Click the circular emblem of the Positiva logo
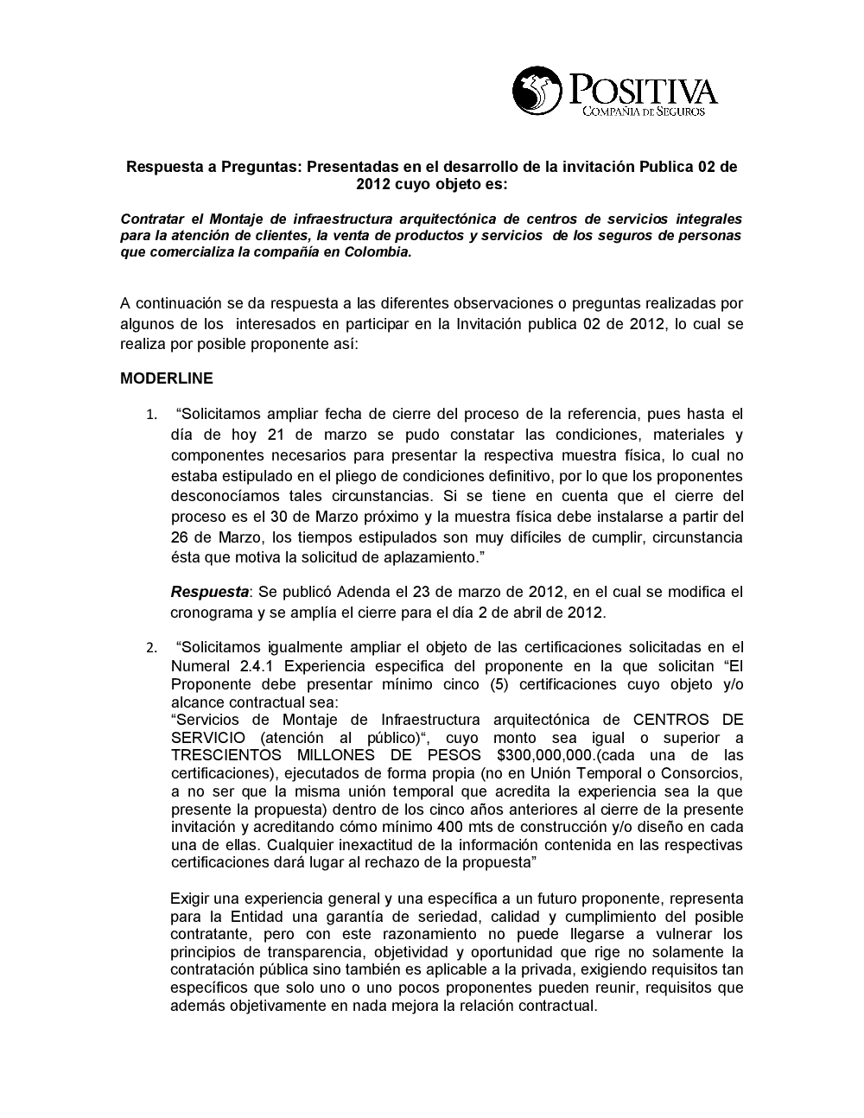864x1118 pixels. [x=537, y=90]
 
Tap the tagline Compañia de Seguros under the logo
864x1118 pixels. [x=644, y=111]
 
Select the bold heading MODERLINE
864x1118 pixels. [x=167, y=378]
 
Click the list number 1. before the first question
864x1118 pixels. [x=151, y=416]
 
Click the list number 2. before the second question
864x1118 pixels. [x=151, y=648]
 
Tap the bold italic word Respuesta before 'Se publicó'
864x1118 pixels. [x=209, y=592]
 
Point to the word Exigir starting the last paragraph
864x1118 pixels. [x=192, y=899]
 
